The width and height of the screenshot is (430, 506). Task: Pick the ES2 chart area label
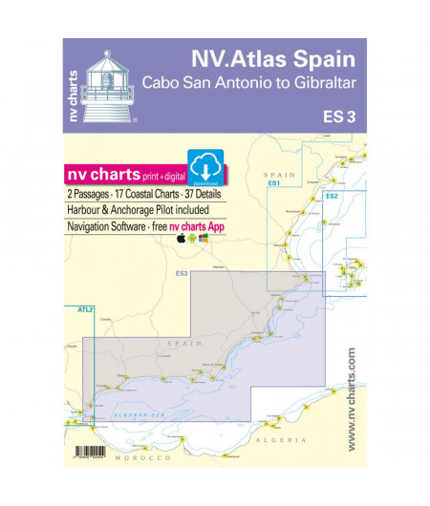[x=332, y=196]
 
